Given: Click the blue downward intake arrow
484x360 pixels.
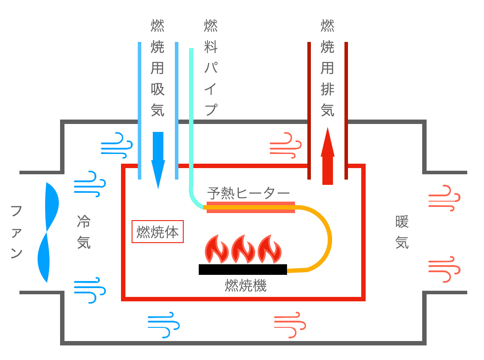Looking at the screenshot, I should point(158,159).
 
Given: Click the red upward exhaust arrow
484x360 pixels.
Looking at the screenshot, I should point(327,157).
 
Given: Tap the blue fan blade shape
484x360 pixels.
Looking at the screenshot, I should point(48,232).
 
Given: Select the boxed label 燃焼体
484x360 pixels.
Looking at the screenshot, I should point(158,232).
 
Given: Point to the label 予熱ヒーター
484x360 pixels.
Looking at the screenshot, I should point(248,193).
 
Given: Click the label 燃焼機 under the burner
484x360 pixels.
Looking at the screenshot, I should point(246,286).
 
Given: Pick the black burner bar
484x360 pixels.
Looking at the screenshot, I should point(242,269).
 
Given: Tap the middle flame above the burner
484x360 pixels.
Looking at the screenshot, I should point(242,250).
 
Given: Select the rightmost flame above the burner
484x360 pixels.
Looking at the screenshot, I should point(269,250).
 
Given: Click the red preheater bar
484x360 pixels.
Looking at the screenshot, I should point(250,207).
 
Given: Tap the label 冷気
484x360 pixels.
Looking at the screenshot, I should point(83,232).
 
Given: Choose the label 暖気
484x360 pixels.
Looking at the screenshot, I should point(402,232).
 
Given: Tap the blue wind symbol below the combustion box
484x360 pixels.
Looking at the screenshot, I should point(163,325).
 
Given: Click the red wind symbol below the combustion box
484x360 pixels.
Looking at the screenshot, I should point(290,325).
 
